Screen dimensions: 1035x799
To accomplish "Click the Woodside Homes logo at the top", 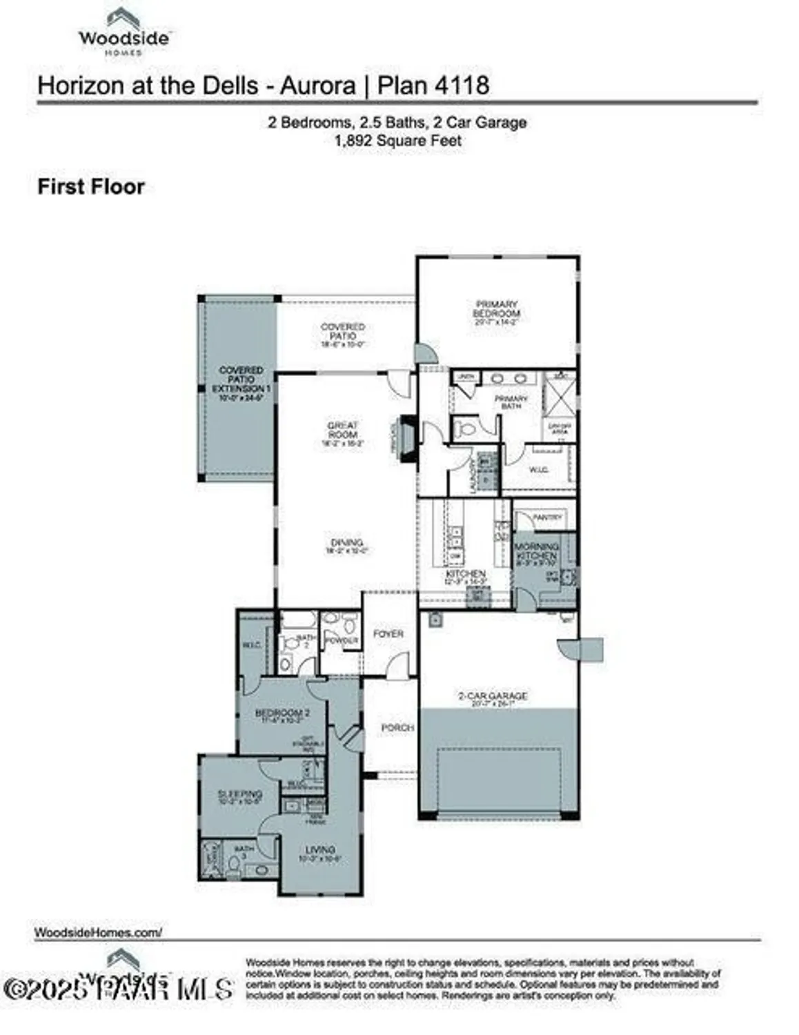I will click(124, 32).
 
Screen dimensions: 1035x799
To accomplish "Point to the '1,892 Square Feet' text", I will click(398, 141).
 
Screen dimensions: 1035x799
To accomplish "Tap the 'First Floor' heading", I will click(91, 187).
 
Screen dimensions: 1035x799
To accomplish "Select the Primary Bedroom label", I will click(496, 309).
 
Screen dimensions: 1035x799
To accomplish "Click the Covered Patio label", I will click(343, 331).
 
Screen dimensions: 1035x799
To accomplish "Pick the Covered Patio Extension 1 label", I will click(241, 380).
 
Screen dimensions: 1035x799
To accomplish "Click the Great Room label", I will click(343, 431).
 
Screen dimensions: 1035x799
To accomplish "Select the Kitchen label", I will click(466, 574).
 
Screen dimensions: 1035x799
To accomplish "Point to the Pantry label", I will click(549, 517).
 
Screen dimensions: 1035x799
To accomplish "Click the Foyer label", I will click(388, 633).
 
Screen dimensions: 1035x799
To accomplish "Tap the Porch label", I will click(397, 727).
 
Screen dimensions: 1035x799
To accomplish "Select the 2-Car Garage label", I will click(493, 696).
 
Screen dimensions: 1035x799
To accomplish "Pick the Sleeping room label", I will click(239, 794).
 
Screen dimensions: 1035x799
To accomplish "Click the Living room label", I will click(320, 850).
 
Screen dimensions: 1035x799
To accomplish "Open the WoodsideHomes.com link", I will click(98, 932).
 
